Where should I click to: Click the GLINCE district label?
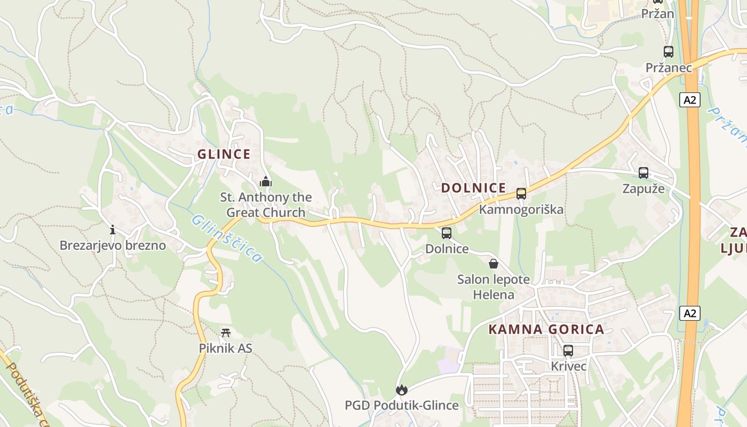[x=224, y=154]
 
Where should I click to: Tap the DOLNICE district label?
[x=473, y=188]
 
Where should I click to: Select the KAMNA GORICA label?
[x=546, y=329]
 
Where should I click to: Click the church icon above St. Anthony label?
[x=266, y=181]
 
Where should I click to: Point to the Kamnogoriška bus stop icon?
[x=521, y=194]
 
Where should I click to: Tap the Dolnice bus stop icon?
[x=447, y=233]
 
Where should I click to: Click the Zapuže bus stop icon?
[x=643, y=173]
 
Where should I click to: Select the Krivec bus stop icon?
[x=568, y=351]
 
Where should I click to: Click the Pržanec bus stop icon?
[x=668, y=52]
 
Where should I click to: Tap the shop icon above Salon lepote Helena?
[x=494, y=264]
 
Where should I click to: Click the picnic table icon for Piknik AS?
[x=226, y=333]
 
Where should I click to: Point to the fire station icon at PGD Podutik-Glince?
[x=401, y=390]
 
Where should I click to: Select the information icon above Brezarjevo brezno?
[x=113, y=230]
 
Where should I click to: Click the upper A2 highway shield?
[x=690, y=100]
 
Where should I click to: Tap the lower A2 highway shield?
[x=689, y=313]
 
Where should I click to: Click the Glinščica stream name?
[x=226, y=239]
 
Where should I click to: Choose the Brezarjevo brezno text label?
[x=113, y=246]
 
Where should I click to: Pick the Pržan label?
[x=657, y=14]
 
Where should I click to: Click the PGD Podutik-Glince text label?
[x=402, y=405]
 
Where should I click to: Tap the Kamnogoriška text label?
[x=521, y=209]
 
